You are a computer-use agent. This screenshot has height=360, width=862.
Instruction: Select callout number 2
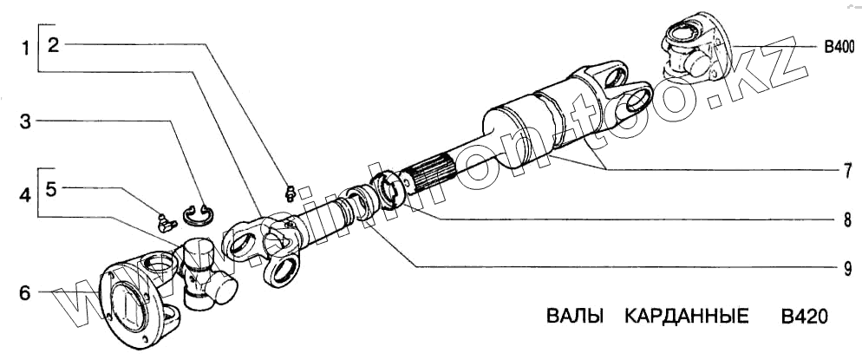tap(54, 46)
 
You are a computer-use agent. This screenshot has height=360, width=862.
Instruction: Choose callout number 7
tap(839, 169)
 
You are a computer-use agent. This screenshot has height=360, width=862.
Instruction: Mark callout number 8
tap(839, 220)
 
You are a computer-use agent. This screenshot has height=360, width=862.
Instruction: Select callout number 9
tap(839, 269)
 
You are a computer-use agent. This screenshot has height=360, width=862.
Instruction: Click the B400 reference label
tap(838, 47)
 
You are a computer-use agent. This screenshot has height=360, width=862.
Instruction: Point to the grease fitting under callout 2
tap(291, 193)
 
